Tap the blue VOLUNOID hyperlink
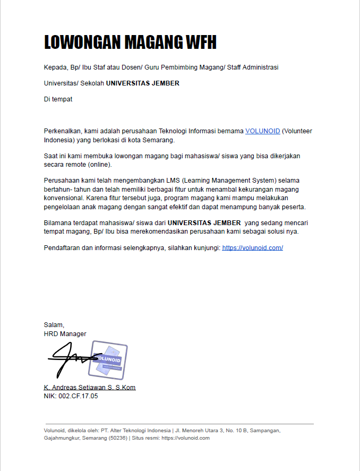[x=262, y=131]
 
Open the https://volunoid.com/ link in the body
[x=252, y=248]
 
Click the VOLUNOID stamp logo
[x=109, y=359]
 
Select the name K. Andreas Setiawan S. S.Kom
[x=90, y=388]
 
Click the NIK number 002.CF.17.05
[x=78, y=396]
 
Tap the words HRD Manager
[x=65, y=334]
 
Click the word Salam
[x=54, y=325]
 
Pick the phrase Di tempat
[x=58, y=99]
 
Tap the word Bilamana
[x=58, y=224]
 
